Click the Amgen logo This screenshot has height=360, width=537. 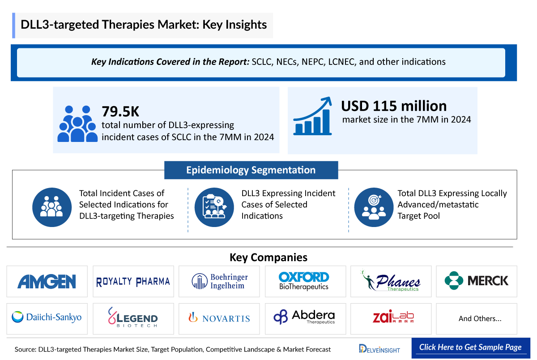click(x=47, y=281)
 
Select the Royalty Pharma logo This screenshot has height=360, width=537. click(x=133, y=281)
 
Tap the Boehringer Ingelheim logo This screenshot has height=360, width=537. click(x=219, y=281)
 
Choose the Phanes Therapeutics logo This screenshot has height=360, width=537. click(x=391, y=281)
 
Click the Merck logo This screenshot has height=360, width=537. click(x=477, y=281)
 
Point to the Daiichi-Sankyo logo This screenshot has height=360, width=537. click(x=47, y=317)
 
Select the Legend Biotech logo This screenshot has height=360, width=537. click(x=133, y=317)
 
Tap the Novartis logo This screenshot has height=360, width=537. click(x=219, y=318)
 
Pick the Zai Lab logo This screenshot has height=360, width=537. click(x=391, y=317)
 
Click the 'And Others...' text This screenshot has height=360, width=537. click(x=480, y=319)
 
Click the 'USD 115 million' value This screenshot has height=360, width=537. click(x=394, y=106)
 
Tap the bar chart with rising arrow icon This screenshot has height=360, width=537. click(x=312, y=116)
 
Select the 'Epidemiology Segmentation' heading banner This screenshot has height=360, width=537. click(x=251, y=170)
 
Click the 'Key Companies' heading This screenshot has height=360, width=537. click(x=268, y=257)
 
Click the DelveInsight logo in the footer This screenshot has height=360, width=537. click(x=379, y=348)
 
